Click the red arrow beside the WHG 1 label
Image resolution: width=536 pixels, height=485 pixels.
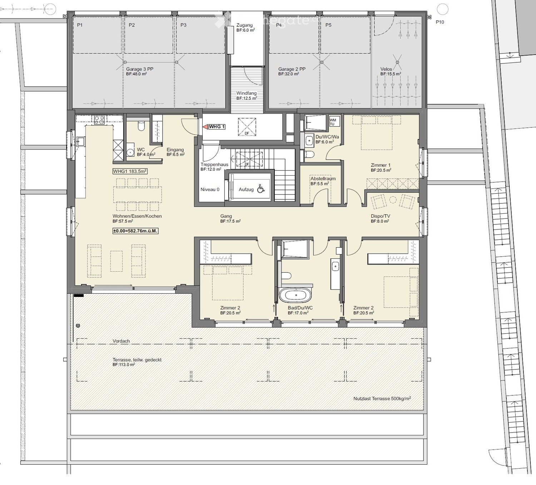pos(205,127)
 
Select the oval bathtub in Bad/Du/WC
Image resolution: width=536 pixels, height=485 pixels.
pos(295,295)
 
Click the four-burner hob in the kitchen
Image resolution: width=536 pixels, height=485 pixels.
pos(99,120)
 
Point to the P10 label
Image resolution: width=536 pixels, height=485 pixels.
pos(440,22)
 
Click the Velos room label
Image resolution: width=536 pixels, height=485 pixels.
pos(386,69)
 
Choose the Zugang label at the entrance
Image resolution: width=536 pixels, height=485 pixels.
pos(244,25)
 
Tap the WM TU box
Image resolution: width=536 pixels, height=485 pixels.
pos(333,122)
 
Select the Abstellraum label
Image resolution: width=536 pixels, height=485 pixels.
pos(323,178)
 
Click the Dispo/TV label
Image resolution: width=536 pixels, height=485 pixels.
pos(380,216)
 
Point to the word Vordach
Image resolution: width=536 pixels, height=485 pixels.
pos(121,341)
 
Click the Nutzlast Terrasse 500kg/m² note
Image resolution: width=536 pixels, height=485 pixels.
pos(382,399)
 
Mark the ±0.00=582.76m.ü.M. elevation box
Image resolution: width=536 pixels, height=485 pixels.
pos(135,231)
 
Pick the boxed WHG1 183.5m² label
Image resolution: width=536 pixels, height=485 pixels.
pos(130,171)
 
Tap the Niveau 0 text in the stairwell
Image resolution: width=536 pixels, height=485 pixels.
pos(210,190)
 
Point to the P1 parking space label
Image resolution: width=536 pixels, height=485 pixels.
pos(80,25)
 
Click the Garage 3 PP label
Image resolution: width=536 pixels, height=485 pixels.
pos(139,69)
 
